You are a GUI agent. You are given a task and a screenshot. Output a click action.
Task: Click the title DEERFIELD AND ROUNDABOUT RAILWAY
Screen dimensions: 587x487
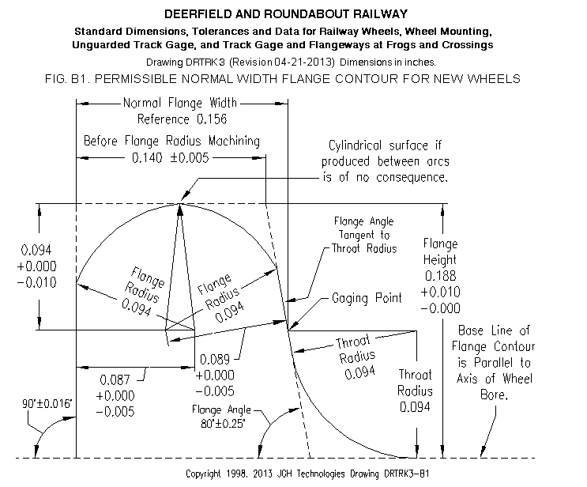(x=286, y=14)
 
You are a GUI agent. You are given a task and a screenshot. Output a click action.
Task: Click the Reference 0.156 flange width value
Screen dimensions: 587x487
(x=182, y=119)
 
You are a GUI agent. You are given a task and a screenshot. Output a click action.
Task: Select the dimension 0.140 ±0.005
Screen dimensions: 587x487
(x=171, y=157)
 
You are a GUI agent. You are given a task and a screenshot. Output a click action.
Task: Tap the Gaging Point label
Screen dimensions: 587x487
(x=367, y=298)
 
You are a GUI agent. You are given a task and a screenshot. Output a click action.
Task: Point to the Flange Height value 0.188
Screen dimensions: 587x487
(x=440, y=276)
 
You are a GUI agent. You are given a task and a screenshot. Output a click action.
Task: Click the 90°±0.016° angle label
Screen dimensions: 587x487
(x=47, y=404)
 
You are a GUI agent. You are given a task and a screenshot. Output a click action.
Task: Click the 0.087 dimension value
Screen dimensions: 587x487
(x=115, y=379)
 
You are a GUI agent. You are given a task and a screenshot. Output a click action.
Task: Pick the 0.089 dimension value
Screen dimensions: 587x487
(x=215, y=360)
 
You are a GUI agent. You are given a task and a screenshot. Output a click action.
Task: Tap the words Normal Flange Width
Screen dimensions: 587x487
(x=180, y=103)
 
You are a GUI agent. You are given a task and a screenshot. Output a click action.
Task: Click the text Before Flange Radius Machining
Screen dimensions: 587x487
(x=171, y=141)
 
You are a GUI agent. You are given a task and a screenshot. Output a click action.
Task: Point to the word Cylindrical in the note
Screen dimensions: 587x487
(x=356, y=145)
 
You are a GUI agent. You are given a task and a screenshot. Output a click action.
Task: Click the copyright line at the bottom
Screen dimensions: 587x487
(x=307, y=474)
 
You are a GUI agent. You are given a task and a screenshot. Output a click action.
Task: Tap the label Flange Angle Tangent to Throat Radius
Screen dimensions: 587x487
(x=364, y=235)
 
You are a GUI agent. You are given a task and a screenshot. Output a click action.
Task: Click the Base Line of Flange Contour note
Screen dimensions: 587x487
(x=494, y=363)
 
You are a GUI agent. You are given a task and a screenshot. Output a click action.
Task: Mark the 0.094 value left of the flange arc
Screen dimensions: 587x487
(x=36, y=250)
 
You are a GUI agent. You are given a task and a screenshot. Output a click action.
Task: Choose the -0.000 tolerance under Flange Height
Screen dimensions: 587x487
(x=440, y=308)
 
